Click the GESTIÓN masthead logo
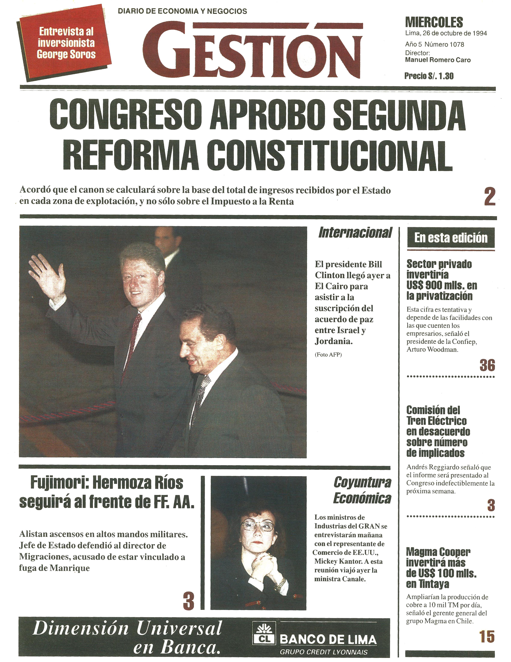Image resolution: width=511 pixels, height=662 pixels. [x=253, y=50]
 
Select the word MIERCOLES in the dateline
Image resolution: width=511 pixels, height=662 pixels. [x=434, y=22]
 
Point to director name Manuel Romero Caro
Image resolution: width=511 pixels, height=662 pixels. [x=438, y=60]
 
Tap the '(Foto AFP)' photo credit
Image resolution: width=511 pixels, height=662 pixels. [x=328, y=355]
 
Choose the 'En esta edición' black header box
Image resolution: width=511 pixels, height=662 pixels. [x=451, y=238]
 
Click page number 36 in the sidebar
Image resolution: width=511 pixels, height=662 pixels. [x=487, y=365]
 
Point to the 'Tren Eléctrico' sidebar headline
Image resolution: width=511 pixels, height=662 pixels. [x=436, y=421]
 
